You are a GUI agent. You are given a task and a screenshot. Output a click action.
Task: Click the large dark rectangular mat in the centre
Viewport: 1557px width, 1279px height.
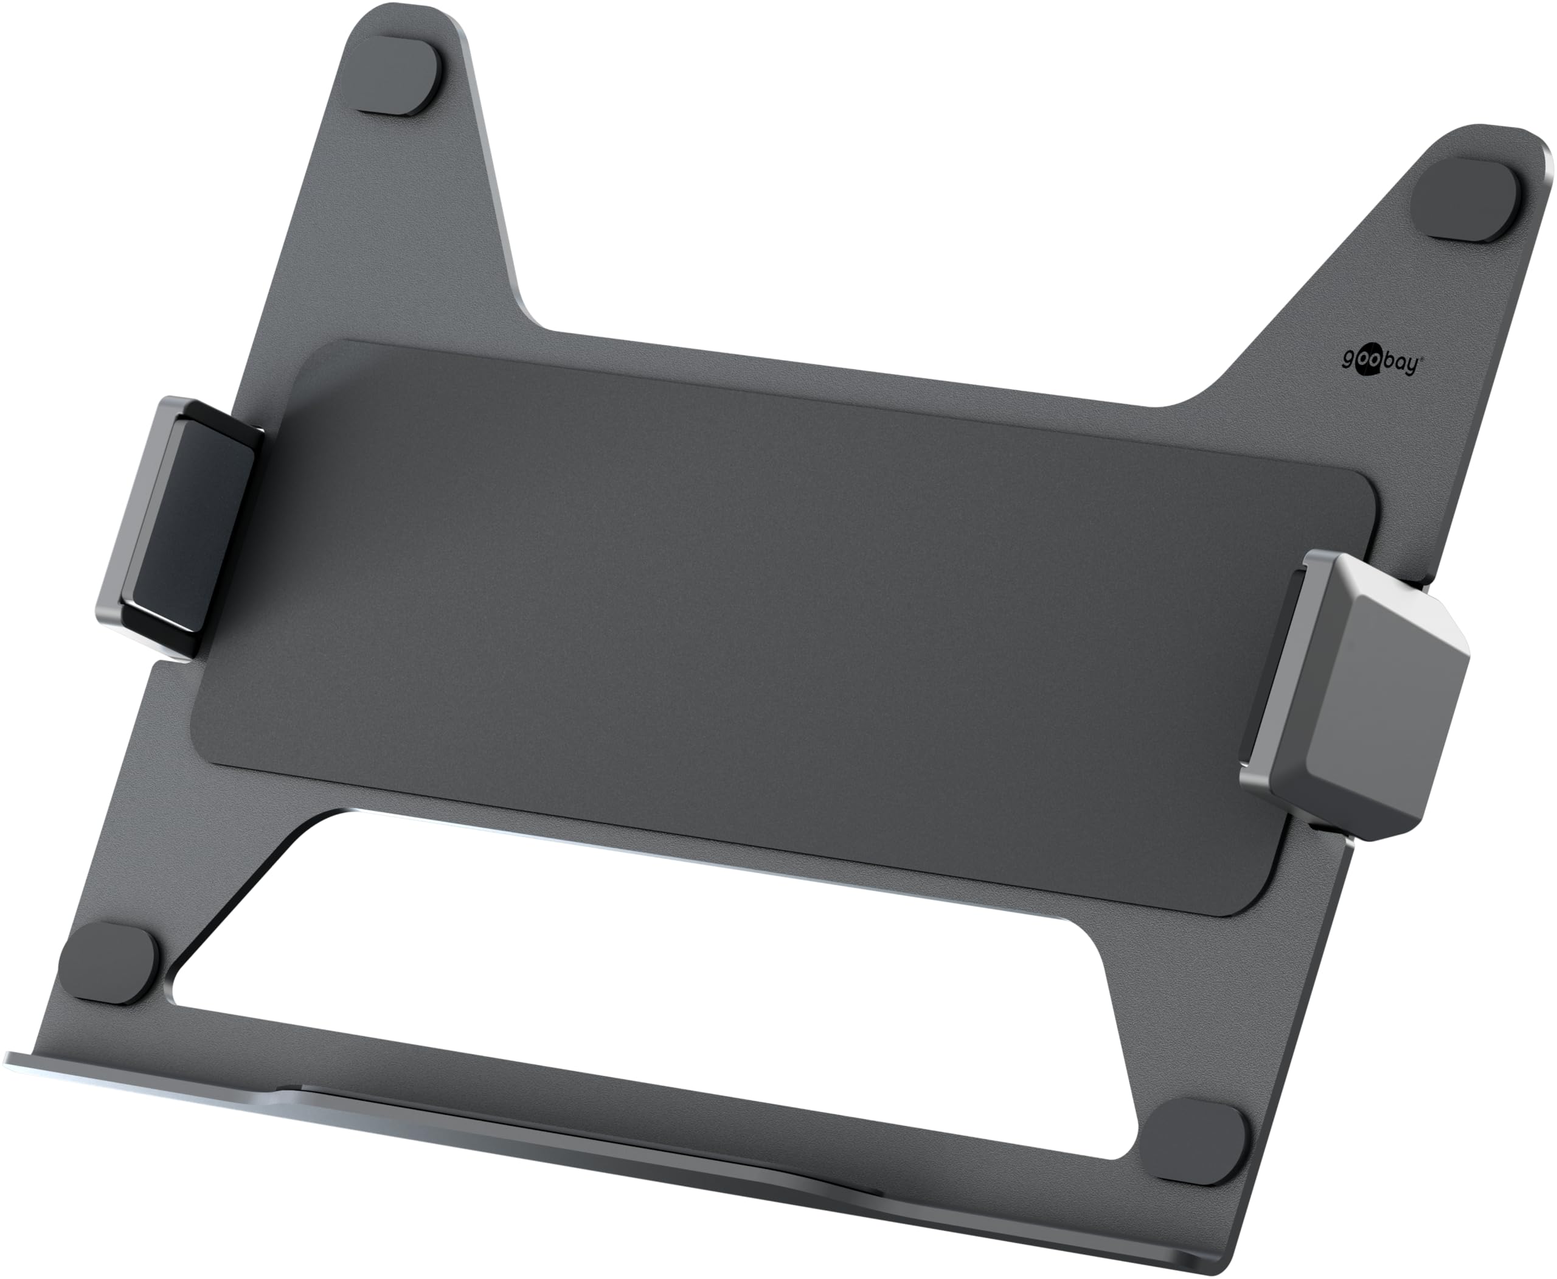click(737, 626)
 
